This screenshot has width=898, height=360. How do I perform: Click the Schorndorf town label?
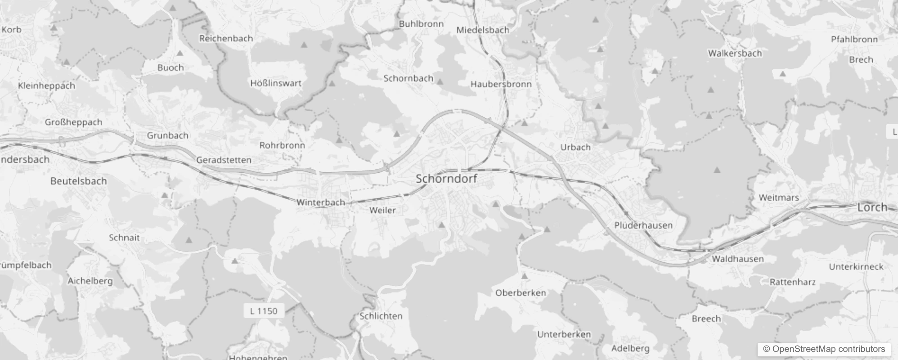coord(446,179)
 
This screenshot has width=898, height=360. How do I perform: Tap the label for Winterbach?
coord(320,202)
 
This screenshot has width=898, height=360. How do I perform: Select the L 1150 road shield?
coord(264,311)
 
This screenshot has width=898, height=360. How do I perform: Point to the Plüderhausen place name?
coord(643,225)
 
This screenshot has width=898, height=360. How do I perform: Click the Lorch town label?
coord(872,207)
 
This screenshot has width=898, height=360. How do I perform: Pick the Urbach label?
coord(575,147)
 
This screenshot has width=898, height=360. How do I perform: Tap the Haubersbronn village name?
coord(501,84)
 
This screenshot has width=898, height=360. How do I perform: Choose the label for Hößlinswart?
coord(276,83)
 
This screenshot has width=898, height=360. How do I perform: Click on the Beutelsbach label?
coord(79,181)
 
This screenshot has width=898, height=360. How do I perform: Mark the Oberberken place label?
coord(521,293)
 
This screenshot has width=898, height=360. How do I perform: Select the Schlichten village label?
coord(381,316)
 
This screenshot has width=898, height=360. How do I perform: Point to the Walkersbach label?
coord(735,54)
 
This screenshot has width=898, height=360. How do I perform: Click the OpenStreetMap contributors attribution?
coord(824,349)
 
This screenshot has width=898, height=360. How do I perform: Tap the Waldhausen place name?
coord(737,259)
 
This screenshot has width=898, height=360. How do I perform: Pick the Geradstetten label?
coord(224,160)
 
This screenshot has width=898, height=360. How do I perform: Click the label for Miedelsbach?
coord(483,30)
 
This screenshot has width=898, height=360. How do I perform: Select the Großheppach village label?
coord(73,122)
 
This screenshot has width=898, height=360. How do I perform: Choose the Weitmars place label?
coord(779,198)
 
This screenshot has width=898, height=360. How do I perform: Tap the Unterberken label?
coord(564,334)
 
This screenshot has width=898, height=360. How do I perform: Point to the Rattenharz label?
coord(792,282)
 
